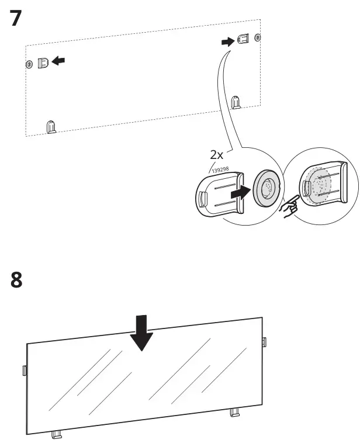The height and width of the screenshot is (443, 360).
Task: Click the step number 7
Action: (18, 18)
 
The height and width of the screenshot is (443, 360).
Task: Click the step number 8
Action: (18, 280)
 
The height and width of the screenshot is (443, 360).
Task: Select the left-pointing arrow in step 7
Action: (58, 60)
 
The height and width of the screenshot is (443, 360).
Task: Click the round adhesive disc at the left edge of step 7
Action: (29, 63)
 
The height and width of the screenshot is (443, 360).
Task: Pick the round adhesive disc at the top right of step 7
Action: (258, 39)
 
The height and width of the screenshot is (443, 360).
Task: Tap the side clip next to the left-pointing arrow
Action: (43, 62)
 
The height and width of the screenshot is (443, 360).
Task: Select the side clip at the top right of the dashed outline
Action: (244, 39)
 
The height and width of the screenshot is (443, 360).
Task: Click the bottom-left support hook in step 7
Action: (51, 126)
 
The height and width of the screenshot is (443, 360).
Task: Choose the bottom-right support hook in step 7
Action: (236, 102)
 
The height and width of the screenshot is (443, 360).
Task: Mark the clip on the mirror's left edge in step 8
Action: (24, 369)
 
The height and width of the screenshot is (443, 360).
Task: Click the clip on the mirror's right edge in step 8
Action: (264, 341)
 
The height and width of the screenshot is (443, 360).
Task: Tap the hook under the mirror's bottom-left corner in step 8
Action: (57, 434)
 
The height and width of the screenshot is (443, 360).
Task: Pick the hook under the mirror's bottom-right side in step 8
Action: (235, 413)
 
